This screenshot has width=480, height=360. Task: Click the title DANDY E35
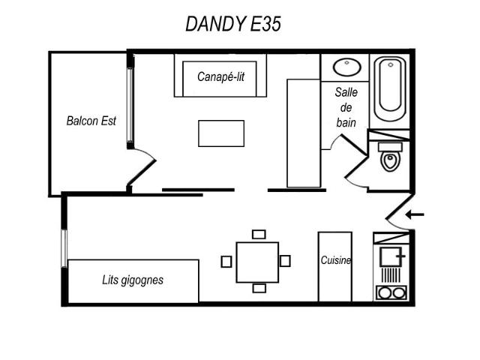[233, 24]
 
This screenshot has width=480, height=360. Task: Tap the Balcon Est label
[91, 121]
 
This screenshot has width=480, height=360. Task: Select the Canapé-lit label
[220, 76]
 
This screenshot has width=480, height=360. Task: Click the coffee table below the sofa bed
[221, 133]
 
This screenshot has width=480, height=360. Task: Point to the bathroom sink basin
[346, 67]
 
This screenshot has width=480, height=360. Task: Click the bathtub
[390, 88]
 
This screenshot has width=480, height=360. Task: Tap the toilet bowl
[390, 161]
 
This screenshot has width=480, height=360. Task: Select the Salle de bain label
[346, 107]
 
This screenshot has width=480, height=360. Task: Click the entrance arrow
[415, 214]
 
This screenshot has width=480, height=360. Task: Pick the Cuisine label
[335, 260]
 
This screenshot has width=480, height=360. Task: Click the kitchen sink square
[391, 256]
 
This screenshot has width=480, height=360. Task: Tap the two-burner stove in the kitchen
[391, 292]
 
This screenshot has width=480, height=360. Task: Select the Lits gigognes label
[133, 280]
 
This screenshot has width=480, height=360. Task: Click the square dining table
[257, 262]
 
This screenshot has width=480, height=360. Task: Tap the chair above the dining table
[259, 234]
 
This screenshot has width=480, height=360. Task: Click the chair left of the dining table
[226, 262]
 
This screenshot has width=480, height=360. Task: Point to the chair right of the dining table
[285, 261]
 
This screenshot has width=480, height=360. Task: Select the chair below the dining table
[259, 288]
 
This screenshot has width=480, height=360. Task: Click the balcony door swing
[142, 166]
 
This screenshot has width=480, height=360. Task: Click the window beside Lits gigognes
[64, 248]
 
